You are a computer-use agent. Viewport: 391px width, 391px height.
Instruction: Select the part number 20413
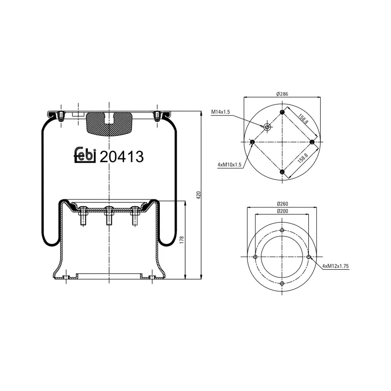pyautogui.click(x=121, y=156)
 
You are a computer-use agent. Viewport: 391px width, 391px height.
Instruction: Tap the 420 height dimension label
pyautogui.click(x=198, y=195)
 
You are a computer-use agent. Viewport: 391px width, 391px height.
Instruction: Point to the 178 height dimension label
pyautogui.click(x=182, y=240)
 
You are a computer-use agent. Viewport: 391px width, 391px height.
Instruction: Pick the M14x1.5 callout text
pyautogui.click(x=220, y=112)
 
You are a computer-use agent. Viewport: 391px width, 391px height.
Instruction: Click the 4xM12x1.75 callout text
pyautogui.click(x=338, y=266)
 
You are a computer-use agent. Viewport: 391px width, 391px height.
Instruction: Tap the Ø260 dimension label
pyautogui.click(x=282, y=203)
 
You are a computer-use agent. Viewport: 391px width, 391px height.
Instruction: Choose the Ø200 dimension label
pyautogui.click(x=282, y=211)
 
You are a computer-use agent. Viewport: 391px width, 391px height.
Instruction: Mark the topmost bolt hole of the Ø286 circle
pyautogui.click(x=282, y=112)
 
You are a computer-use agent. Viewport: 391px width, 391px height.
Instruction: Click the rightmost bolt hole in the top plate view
pyautogui.click(x=312, y=142)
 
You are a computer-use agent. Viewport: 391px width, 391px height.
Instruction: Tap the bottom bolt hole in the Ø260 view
pyautogui.click(x=282, y=283)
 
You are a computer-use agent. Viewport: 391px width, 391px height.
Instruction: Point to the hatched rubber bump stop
pyautogui.click(x=109, y=123)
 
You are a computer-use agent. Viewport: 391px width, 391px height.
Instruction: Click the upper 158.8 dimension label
pyautogui.click(x=303, y=118)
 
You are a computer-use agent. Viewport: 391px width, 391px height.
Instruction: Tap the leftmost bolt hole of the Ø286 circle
pyautogui.click(x=252, y=142)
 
